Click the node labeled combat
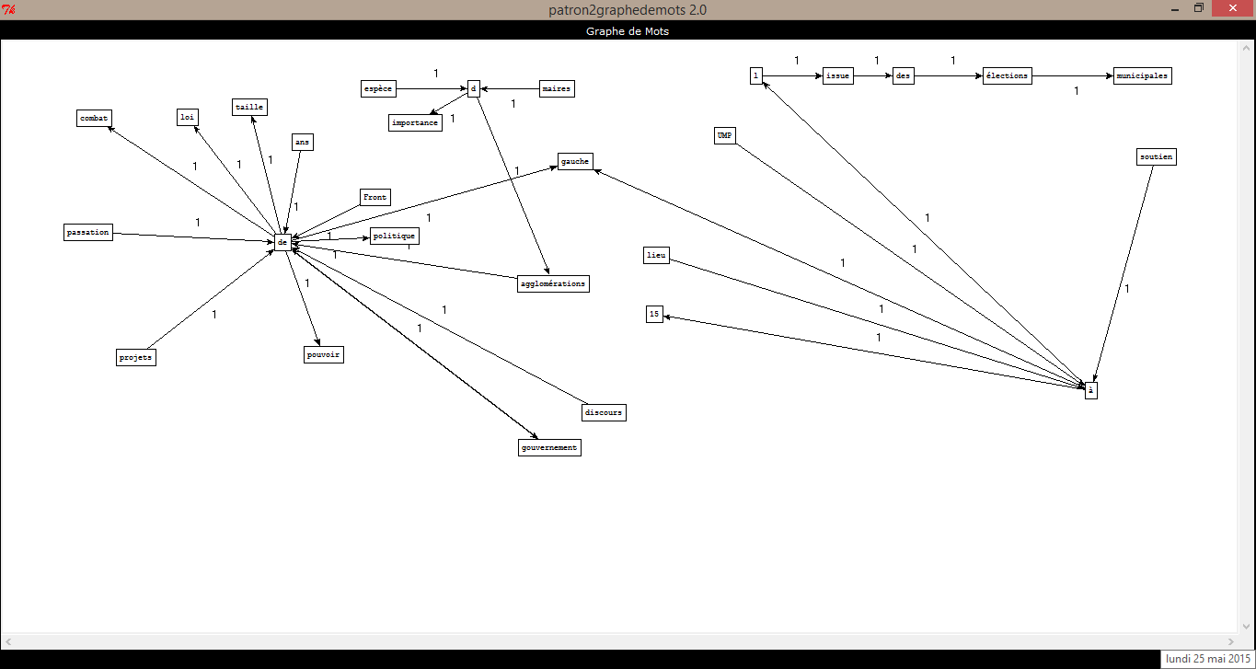click(x=94, y=119)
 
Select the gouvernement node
click(x=549, y=447)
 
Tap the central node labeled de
click(x=282, y=242)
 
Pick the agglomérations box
click(x=553, y=283)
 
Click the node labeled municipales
click(x=1142, y=75)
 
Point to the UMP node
click(x=724, y=135)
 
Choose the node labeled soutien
click(x=1157, y=157)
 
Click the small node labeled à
click(x=1090, y=390)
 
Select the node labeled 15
click(x=654, y=314)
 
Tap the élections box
click(x=1007, y=75)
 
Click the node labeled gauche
click(x=575, y=162)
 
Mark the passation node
click(x=88, y=232)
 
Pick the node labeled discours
click(x=604, y=413)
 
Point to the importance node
click(x=415, y=122)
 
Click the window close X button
click(x=1232, y=8)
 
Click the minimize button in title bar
click(x=1175, y=9)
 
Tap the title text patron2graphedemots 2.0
click(x=628, y=9)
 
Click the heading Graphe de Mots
click(x=628, y=31)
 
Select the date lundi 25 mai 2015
click(x=1208, y=659)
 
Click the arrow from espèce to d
click(x=432, y=88)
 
